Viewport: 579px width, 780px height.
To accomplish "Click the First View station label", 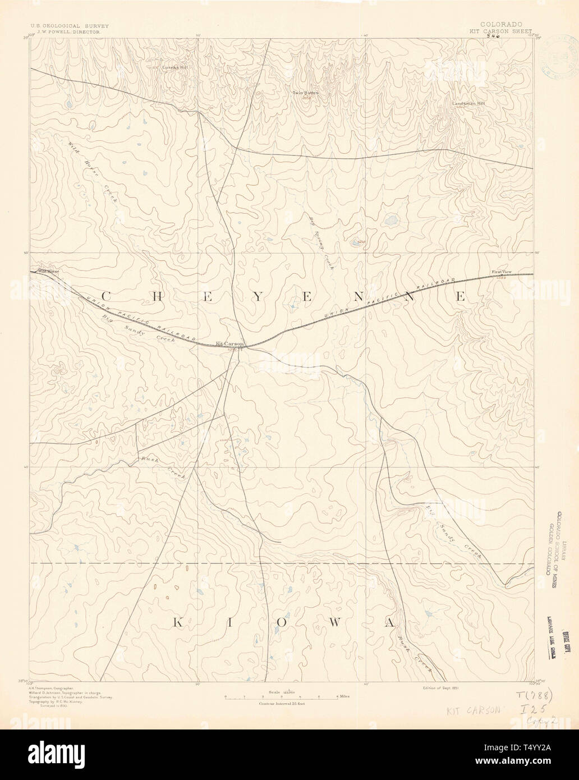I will [x=502, y=272].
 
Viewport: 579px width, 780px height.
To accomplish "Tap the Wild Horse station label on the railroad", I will [x=48, y=272].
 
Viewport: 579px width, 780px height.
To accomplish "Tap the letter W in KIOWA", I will [x=338, y=622].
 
